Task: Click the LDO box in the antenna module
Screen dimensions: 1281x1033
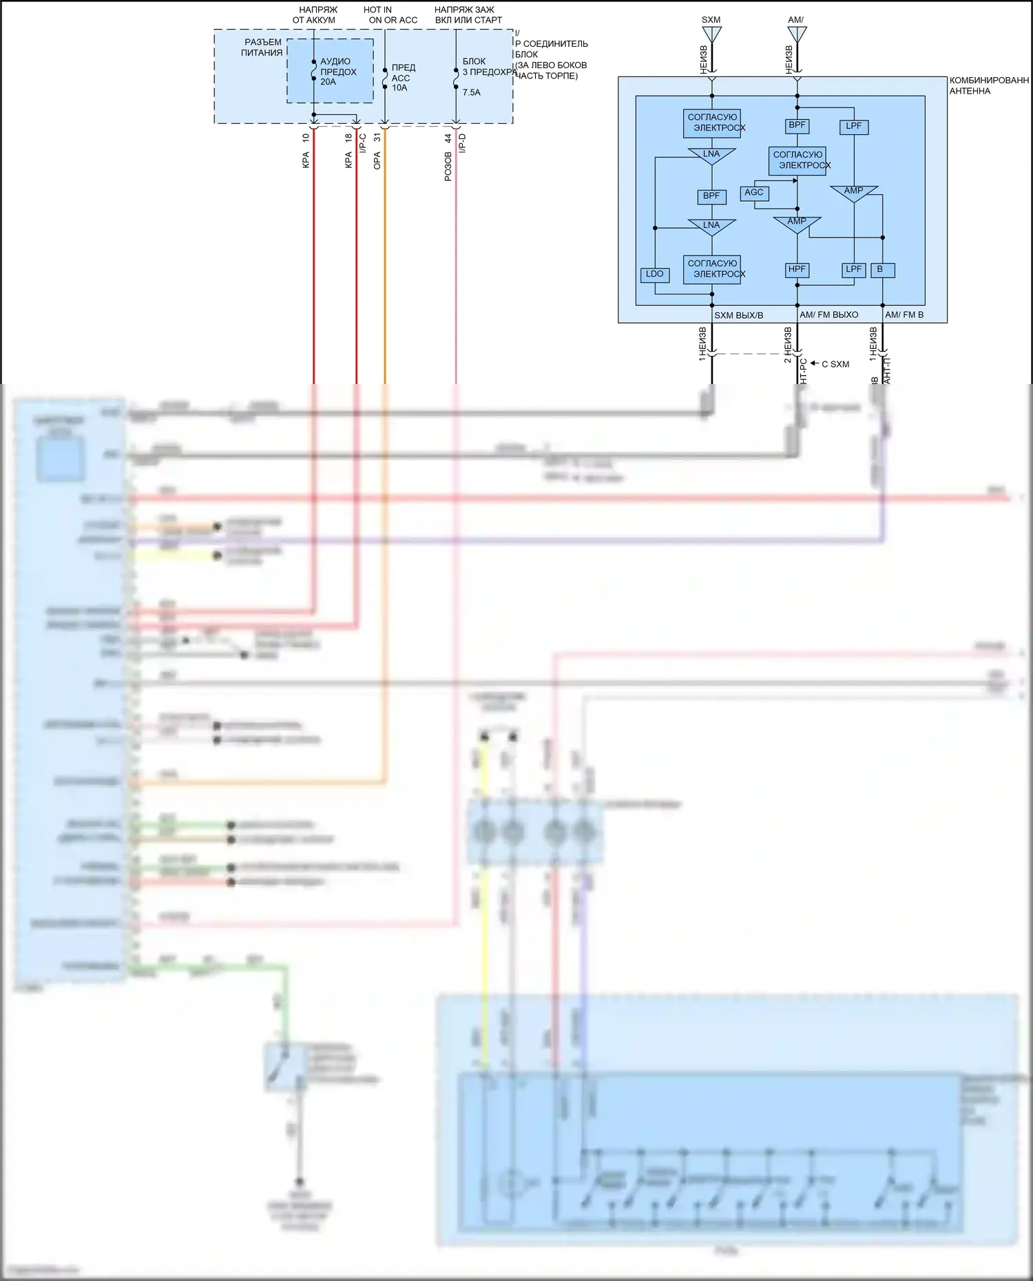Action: tap(654, 275)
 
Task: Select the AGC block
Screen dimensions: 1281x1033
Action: tap(754, 193)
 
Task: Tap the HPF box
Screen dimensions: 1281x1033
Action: tap(797, 270)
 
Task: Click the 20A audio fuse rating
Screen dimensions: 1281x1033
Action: tap(328, 82)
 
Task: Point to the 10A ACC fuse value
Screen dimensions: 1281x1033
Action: tap(399, 87)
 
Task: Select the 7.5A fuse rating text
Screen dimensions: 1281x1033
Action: tap(472, 92)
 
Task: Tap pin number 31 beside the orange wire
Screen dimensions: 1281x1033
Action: tap(377, 138)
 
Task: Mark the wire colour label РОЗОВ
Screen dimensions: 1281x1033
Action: tap(448, 167)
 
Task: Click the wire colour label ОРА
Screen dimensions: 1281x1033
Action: tap(377, 161)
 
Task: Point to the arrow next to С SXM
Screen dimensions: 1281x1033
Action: tap(815, 363)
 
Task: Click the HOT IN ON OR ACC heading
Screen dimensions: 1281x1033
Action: tap(390, 15)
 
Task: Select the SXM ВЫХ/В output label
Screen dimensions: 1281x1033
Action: tap(738, 315)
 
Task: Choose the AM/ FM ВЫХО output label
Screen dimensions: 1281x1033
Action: tap(828, 315)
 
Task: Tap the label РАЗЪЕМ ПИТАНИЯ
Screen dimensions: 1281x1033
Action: tap(262, 47)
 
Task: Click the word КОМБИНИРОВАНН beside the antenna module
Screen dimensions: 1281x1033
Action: tap(989, 81)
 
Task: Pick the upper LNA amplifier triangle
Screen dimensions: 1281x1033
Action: tap(711, 155)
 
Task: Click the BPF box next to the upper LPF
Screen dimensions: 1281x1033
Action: tap(797, 126)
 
